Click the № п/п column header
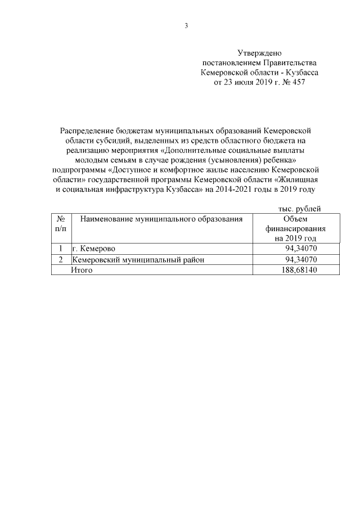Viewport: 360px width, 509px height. coord(60,224)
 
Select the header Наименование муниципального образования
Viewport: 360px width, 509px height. coord(161,219)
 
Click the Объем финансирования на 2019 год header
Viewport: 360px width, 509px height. coord(296,229)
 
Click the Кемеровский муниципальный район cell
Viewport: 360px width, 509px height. coord(138,260)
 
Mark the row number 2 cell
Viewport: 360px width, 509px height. coord(60,260)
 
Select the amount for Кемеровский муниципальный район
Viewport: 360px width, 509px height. coord(303,260)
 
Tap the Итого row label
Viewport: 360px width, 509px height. coord(82,270)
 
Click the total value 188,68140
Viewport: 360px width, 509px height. coord(300,270)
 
